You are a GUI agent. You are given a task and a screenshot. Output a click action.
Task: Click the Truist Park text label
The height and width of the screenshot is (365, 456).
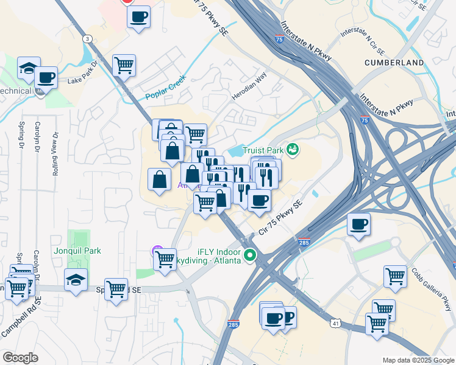(265, 149)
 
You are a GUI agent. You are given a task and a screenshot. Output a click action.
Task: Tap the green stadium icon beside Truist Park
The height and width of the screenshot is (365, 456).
(292, 148)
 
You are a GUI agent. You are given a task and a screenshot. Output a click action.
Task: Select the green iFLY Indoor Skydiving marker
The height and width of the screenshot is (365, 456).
(249, 255)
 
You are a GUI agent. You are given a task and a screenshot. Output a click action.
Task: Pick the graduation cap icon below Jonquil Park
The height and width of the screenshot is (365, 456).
(76, 280)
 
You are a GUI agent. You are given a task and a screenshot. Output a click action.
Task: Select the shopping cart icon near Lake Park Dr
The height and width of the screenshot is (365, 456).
(124, 65)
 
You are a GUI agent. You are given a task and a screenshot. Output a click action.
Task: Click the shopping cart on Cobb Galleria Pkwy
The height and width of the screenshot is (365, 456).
(395, 276)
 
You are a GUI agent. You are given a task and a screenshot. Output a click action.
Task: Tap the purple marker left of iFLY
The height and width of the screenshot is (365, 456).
(156, 249)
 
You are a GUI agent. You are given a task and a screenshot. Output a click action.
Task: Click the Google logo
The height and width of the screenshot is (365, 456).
(20, 358)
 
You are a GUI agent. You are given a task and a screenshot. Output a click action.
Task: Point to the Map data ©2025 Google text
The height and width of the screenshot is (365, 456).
(418, 360)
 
